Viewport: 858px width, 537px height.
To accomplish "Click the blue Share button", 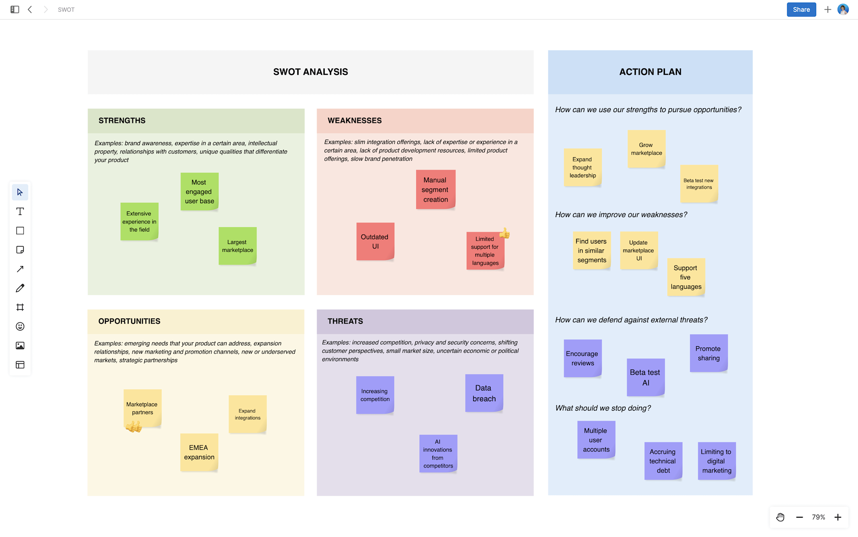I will (801, 9).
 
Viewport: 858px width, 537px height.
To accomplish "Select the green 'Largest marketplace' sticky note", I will (237, 246).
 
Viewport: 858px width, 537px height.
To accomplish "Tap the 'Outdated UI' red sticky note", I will (375, 241).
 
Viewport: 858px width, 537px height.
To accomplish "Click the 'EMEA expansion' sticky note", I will (199, 452).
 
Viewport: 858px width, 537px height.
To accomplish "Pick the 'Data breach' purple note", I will (484, 393).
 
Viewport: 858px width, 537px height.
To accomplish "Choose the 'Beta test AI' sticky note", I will (645, 377).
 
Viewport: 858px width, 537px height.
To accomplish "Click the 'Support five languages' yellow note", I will (686, 277).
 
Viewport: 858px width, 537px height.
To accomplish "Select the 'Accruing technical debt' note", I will (663, 461).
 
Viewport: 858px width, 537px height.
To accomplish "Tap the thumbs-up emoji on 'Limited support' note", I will (505, 233).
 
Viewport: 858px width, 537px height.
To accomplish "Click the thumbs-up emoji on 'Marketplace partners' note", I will (133, 426).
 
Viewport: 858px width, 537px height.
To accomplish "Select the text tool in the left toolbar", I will (20, 211).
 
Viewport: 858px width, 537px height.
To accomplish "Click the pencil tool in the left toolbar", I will (20, 288).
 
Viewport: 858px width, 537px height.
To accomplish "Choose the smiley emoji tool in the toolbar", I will (20, 326).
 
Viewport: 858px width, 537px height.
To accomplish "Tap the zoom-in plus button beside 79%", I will (838, 517).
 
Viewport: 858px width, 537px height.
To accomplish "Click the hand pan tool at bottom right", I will (780, 517).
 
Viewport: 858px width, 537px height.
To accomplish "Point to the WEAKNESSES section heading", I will (354, 121).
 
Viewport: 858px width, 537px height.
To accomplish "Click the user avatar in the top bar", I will (843, 9).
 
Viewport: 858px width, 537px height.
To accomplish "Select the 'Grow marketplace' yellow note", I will (647, 149).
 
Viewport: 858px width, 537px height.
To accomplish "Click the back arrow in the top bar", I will (30, 9).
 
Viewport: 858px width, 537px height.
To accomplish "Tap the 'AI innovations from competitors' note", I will (438, 454).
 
